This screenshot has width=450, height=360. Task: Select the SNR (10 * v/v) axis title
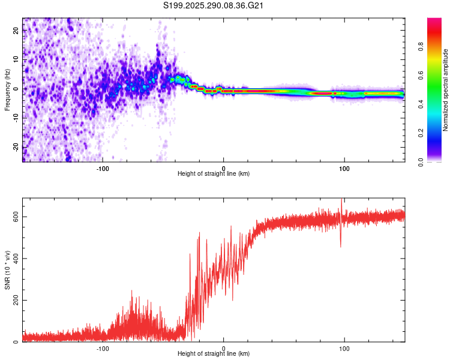[x=7, y=269]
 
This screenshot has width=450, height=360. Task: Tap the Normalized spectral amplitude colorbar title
[x=445, y=90]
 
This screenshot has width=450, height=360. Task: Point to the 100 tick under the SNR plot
[x=344, y=349]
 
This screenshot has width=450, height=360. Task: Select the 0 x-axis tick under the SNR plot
[x=224, y=349]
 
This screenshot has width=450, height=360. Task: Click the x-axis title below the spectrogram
[x=214, y=174]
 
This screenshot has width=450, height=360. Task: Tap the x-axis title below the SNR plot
[x=214, y=354]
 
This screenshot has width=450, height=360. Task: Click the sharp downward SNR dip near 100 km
[x=341, y=245]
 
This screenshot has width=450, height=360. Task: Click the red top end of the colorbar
[x=434, y=21]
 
